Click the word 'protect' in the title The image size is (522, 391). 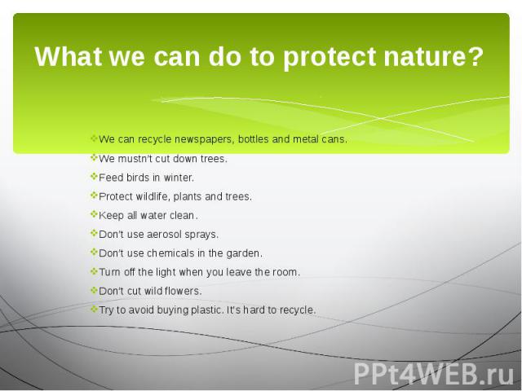(x=330, y=57)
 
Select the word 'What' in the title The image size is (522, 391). (x=68, y=56)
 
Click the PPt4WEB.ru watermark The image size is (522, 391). (x=433, y=374)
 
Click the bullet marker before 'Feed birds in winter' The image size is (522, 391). (x=94, y=176)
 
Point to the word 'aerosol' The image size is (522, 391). (x=164, y=235)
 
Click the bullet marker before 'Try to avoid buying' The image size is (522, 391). (x=94, y=309)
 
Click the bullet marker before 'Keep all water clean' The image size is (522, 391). (x=94, y=213)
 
